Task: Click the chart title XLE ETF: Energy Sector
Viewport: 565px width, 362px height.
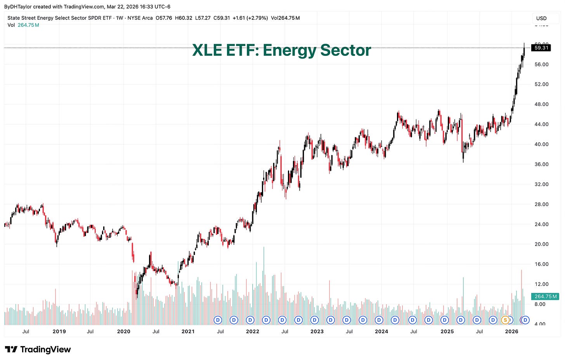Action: (x=281, y=50)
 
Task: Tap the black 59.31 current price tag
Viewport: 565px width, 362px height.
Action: (x=541, y=48)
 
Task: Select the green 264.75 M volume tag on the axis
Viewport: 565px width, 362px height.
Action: (x=546, y=296)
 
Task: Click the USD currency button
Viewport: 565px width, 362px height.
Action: (x=541, y=18)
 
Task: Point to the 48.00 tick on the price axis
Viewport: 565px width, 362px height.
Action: (x=541, y=104)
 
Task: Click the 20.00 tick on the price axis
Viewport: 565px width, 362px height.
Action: (x=541, y=244)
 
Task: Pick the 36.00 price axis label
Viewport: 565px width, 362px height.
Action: (x=541, y=164)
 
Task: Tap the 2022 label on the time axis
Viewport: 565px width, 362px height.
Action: (x=253, y=331)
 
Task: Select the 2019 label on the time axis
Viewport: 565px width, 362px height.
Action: (x=59, y=331)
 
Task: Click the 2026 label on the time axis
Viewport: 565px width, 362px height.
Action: (x=512, y=331)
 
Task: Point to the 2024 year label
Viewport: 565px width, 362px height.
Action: (x=381, y=331)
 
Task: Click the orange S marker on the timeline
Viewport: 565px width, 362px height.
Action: (x=505, y=320)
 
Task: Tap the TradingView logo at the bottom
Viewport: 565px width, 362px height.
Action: (x=38, y=350)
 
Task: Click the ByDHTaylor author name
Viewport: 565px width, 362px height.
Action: (x=17, y=7)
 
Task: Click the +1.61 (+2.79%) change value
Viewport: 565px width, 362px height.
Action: (x=250, y=18)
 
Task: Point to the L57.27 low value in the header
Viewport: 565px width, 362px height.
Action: (x=203, y=18)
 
